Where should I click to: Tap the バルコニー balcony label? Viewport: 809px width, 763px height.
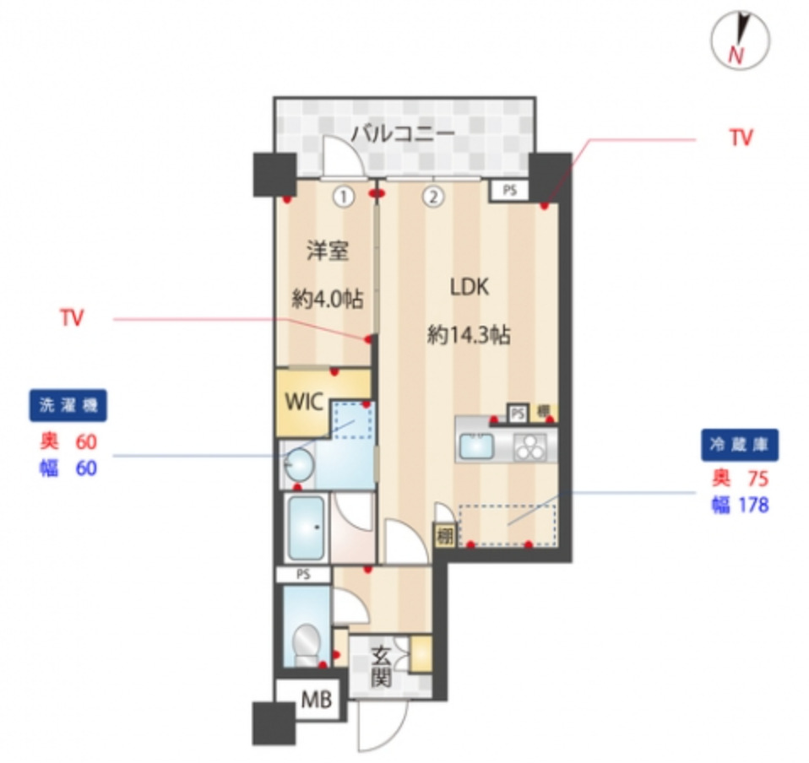coord(403,133)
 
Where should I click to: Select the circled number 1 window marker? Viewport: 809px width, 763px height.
coord(343,198)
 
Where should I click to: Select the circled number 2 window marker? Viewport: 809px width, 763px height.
coord(432,198)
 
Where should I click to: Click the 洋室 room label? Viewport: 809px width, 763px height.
coord(327,251)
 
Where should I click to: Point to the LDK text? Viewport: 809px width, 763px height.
coord(469,287)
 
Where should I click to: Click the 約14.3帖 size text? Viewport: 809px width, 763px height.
coord(469,335)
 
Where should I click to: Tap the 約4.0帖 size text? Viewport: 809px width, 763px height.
coord(328,299)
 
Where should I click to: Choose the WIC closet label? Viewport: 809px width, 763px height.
coord(303,402)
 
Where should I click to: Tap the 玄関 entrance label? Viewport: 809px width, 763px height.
coord(381,666)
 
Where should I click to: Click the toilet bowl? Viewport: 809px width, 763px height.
coord(305,644)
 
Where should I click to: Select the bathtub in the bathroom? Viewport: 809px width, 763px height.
coord(305,528)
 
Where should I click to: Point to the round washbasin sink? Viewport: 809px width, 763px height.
coord(300,462)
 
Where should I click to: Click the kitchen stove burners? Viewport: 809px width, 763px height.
coord(530,446)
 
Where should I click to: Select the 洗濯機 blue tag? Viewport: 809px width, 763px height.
coord(68,405)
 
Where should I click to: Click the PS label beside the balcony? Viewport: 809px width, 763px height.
coord(509,191)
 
